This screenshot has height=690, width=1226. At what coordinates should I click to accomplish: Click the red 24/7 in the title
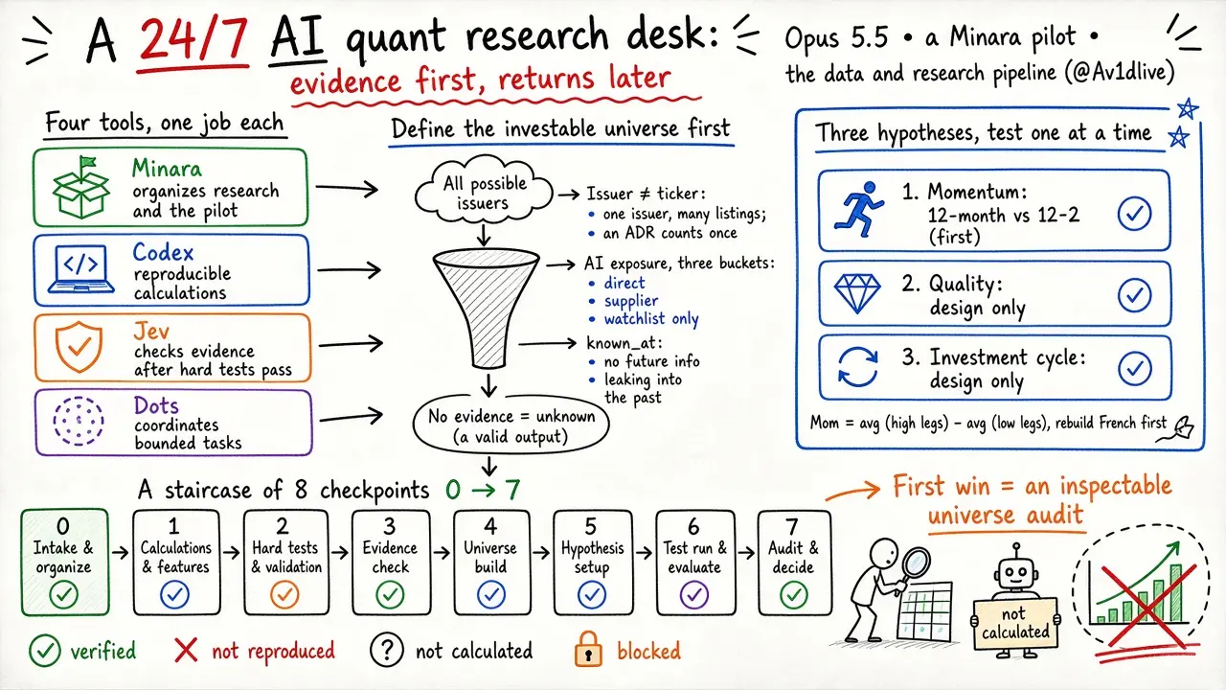tap(193, 40)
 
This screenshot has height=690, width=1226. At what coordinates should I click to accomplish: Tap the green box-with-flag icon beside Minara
tap(81, 187)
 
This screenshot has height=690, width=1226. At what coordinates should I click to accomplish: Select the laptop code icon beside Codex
tap(81, 269)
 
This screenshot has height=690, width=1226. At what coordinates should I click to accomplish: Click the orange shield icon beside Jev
tap(79, 347)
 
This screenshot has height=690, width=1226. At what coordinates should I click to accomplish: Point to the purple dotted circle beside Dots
tap(79, 421)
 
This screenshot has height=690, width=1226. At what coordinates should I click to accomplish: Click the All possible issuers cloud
tap(484, 191)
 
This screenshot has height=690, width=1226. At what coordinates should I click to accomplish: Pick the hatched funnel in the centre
tap(486, 308)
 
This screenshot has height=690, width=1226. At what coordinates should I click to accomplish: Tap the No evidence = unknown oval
tap(511, 426)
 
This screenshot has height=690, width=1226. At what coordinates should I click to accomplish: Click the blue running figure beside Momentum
tap(859, 210)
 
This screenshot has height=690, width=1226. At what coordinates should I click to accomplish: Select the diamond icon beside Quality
tap(857, 293)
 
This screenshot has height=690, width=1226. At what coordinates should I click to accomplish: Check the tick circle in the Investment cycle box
tap(1135, 369)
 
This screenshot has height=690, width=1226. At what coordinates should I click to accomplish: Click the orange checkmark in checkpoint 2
tap(284, 595)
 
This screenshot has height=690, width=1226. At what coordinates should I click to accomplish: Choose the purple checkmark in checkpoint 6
tap(694, 595)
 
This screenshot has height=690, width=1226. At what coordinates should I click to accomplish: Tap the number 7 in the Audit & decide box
tap(792, 527)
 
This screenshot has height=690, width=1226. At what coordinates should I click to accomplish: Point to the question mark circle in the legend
tap(386, 650)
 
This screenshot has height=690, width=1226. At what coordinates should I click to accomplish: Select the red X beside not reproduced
tap(186, 651)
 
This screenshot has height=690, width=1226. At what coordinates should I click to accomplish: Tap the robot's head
tap(1016, 572)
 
